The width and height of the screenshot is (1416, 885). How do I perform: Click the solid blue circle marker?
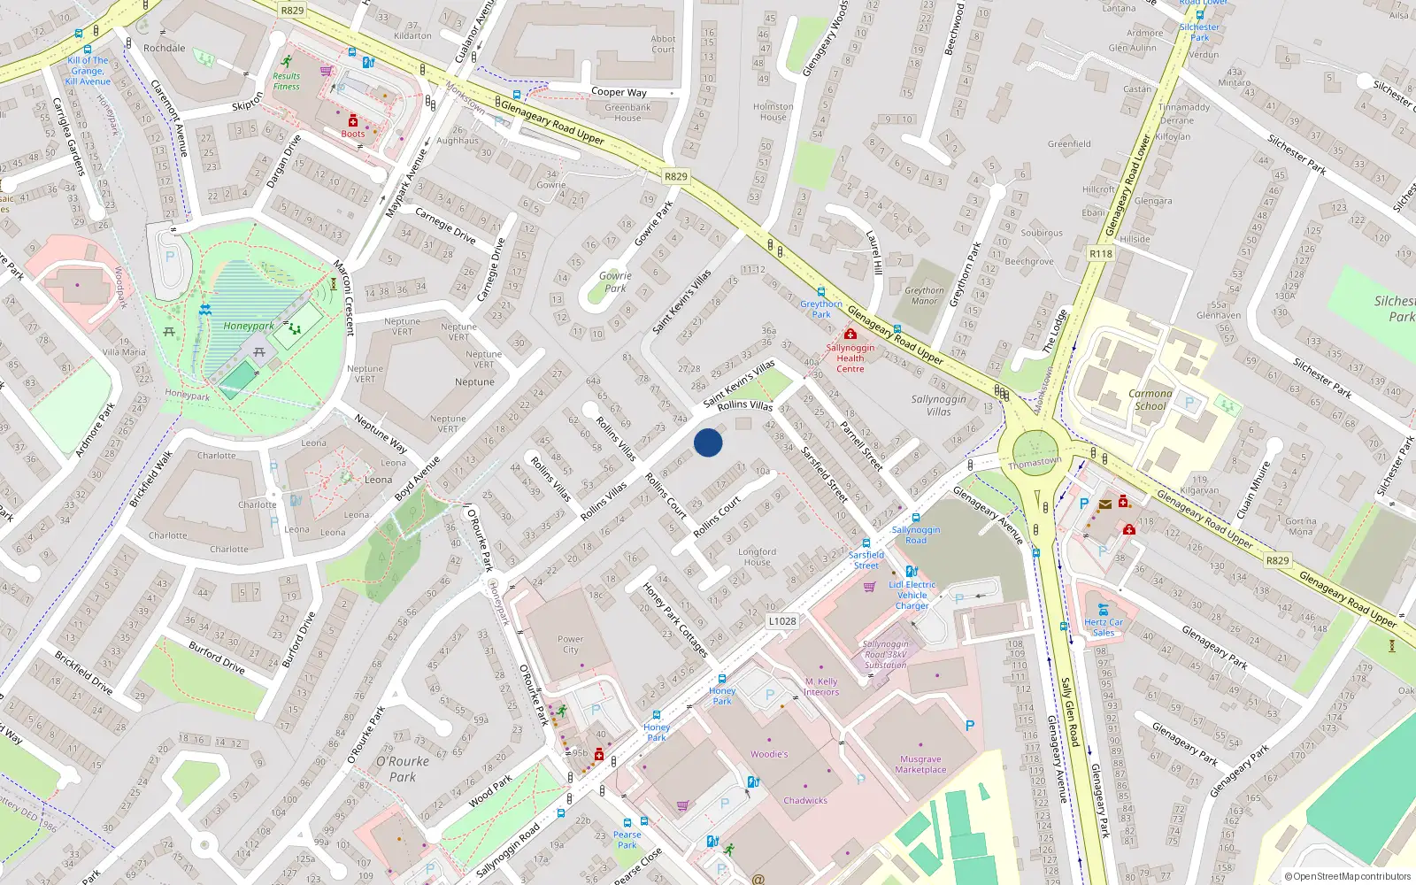(708, 442)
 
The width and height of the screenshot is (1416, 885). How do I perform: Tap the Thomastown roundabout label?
(1034, 462)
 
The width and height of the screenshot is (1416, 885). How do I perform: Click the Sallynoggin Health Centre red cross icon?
(850, 335)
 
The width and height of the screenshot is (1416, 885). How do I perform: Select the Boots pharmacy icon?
(352, 120)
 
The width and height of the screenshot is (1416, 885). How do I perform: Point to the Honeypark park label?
(248, 326)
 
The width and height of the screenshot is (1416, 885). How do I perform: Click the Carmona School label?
(1150, 400)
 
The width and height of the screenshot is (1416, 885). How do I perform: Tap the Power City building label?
(570, 644)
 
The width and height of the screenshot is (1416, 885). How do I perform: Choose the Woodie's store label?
(769, 754)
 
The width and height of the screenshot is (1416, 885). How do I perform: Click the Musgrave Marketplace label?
(920, 765)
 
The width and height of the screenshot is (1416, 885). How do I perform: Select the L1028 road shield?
(781, 621)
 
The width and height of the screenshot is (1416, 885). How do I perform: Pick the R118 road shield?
(1101, 253)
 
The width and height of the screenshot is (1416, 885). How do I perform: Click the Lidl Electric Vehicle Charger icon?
(911, 572)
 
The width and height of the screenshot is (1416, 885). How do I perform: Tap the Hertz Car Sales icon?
(1103, 609)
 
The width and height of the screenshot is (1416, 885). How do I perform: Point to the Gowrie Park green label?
(615, 281)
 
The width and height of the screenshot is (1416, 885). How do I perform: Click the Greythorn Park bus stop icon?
(821, 291)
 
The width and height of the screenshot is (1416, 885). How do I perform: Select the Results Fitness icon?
(286, 62)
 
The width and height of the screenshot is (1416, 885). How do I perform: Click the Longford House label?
(757, 557)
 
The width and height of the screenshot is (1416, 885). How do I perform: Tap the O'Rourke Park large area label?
(403, 769)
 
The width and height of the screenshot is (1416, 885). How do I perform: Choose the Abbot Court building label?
(663, 44)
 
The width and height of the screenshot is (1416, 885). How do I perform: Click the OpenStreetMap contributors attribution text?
(1347, 876)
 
